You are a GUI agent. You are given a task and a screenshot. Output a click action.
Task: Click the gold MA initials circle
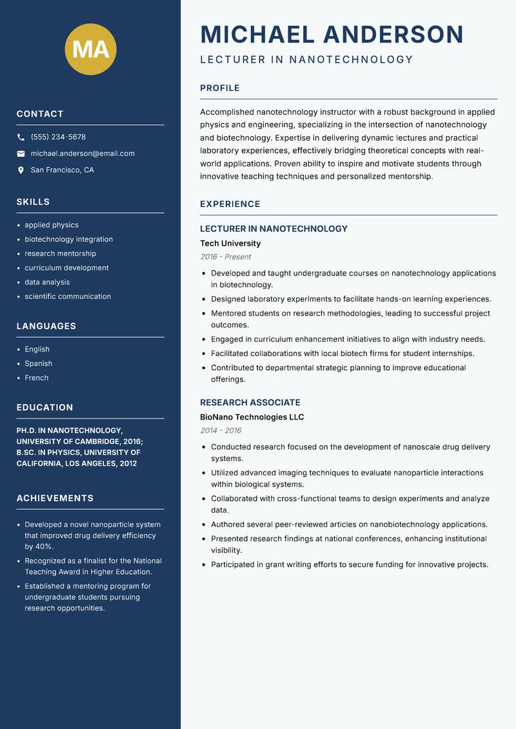(x=90, y=49)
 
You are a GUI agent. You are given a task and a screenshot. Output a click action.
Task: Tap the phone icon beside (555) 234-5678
(x=21, y=137)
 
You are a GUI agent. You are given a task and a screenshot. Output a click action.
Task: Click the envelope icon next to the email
(x=21, y=154)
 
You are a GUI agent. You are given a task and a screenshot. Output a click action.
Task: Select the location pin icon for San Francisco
(x=21, y=170)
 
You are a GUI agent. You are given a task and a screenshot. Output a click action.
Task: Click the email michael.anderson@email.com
(x=83, y=154)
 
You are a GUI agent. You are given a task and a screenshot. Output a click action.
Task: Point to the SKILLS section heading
(x=33, y=202)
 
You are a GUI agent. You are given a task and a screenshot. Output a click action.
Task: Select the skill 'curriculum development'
(x=66, y=268)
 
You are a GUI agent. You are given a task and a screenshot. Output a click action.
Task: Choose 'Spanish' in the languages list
(x=38, y=363)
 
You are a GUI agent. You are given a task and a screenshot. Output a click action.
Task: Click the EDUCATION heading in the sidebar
(x=45, y=408)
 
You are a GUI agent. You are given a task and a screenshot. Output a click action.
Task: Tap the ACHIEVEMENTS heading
(x=55, y=498)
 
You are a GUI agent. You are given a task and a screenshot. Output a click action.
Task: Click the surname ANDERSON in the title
(x=393, y=34)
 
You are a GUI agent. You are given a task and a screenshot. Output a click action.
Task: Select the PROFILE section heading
(x=219, y=88)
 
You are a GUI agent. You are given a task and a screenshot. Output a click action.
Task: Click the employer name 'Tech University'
(x=230, y=243)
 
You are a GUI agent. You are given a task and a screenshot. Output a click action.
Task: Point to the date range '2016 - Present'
(x=225, y=257)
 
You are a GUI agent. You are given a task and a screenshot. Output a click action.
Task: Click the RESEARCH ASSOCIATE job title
(x=250, y=403)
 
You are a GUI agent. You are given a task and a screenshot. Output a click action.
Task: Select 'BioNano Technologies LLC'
(x=252, y=417)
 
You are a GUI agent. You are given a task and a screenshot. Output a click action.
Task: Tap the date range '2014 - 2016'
(x=221, y=430)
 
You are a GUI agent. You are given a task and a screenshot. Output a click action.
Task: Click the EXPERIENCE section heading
(x=230, y=204)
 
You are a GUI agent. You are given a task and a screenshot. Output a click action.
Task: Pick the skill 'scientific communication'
(x=68, y=296)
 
